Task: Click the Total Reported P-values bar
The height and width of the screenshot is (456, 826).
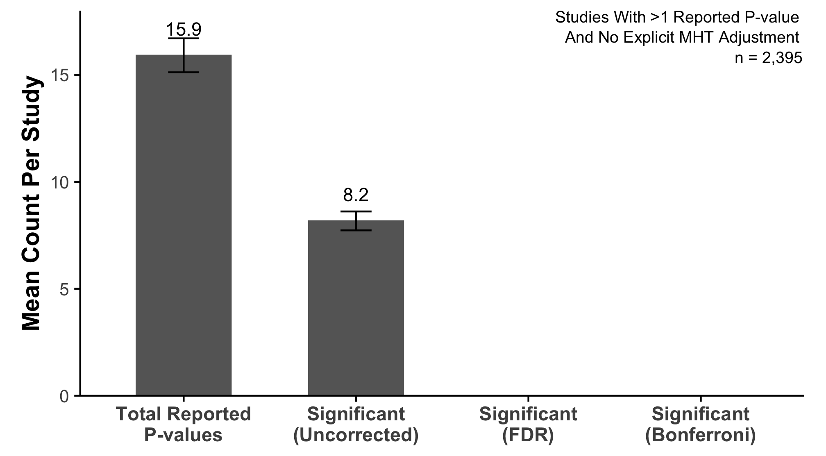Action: (x=184, y=225)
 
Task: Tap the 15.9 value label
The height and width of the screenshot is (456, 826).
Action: (x=184, y=29)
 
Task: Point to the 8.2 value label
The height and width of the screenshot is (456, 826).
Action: (x=356, y=195)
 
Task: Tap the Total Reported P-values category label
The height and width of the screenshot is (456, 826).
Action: (x=183, y=424)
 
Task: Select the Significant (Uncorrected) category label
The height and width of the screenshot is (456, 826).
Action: (x=356, y=424)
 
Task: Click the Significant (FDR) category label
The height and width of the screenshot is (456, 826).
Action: (x=528, y=424)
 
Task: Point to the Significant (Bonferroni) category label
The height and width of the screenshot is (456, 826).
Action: (x=700, y=424)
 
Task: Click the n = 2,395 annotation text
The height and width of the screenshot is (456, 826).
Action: (x=768, y=58)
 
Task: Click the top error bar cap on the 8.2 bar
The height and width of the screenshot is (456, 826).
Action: (x=356, y=211)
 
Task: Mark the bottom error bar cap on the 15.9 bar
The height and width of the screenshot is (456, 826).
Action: (x=184, y=72)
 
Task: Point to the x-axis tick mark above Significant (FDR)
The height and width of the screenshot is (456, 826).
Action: (x=528, y=399)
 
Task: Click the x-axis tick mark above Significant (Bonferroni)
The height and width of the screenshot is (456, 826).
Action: (x=701, y=399)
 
